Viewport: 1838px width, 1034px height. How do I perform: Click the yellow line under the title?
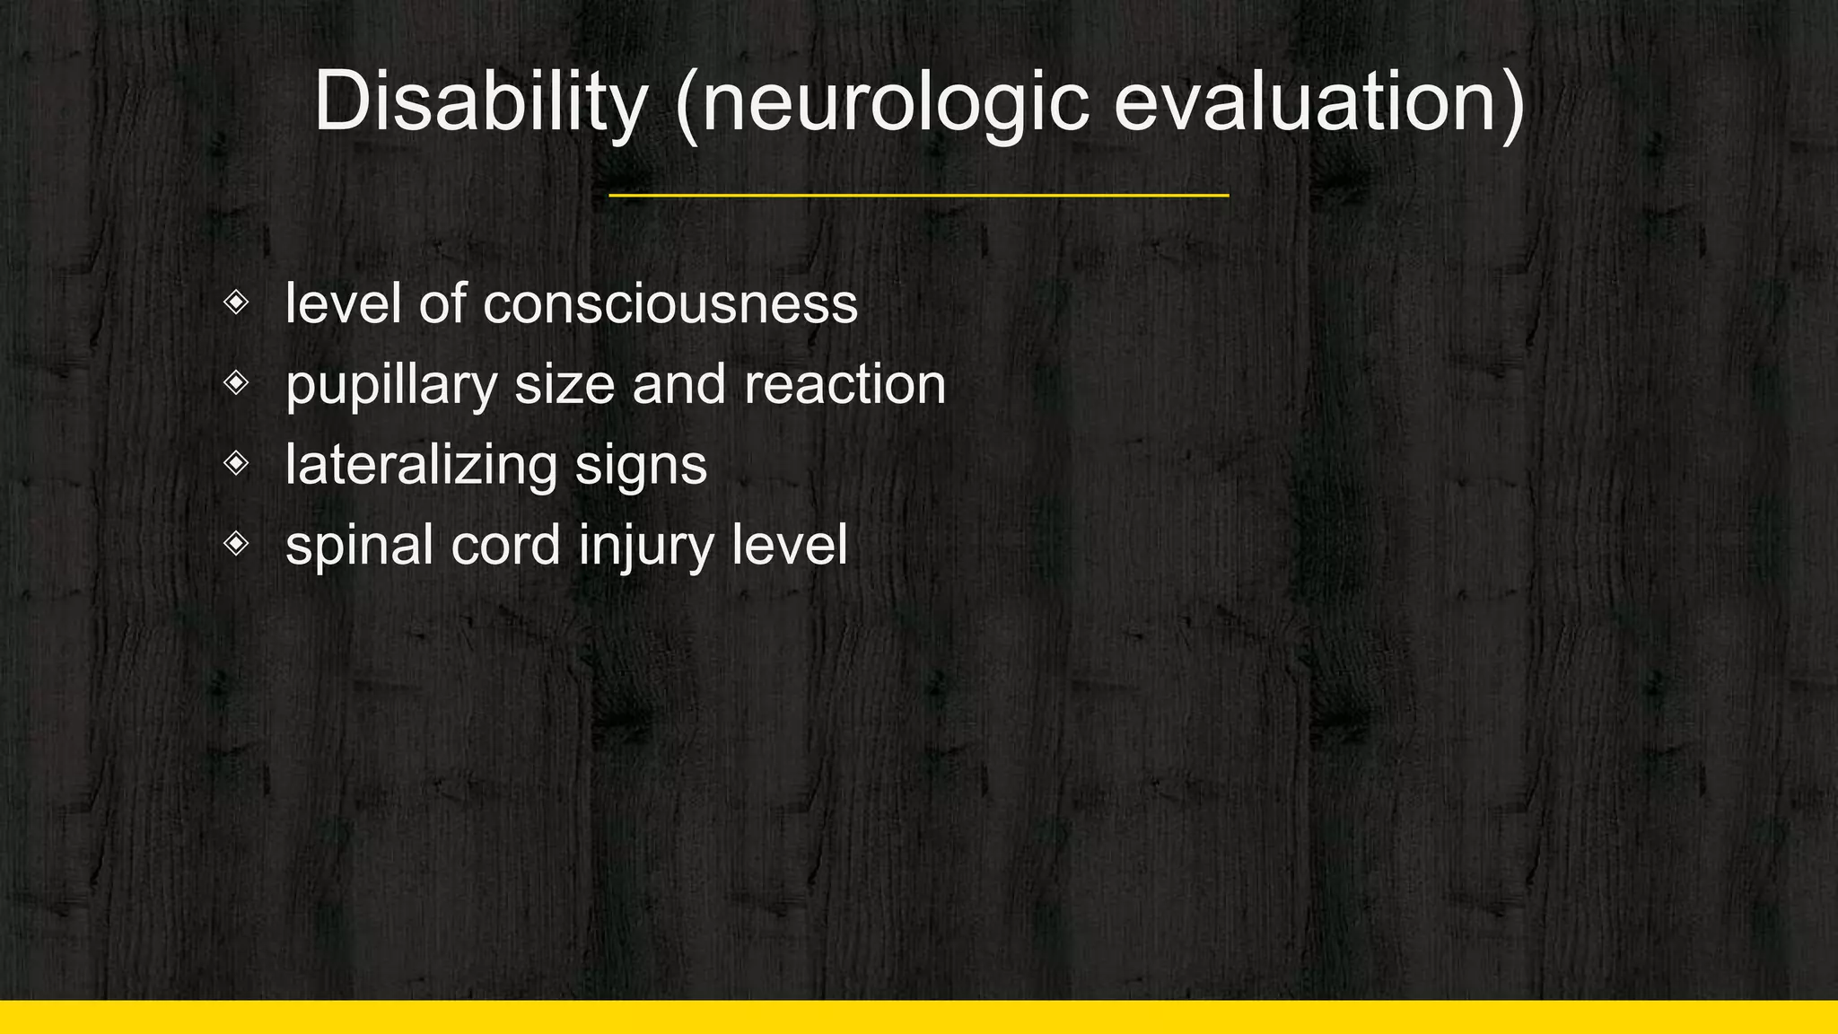[x=918, y=195]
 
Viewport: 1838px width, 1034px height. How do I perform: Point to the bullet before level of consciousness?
[x=236, y=302]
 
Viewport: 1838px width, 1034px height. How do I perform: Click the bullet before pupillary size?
[x=236, y=383]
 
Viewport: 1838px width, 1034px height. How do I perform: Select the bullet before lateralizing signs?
[x=236, y=463]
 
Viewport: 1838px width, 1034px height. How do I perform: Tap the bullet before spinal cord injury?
[x=236, y=543]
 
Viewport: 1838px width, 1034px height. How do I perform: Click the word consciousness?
[x=670, y=304]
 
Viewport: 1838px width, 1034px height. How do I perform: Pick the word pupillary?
[x=391, y=386]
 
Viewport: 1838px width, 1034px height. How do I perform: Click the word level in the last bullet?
[x=789, y=545]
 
